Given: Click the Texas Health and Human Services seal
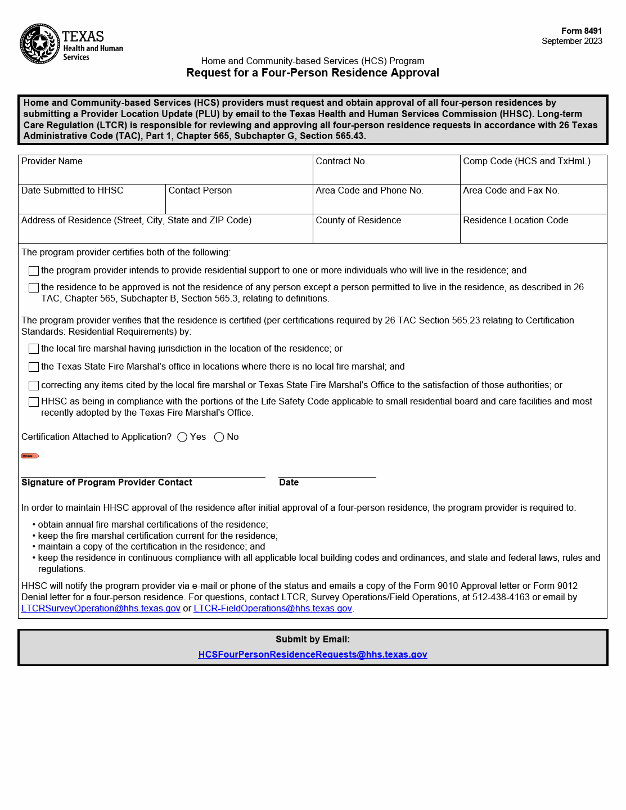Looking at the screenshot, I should click(x=40, y=43).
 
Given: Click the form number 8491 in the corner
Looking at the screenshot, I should click(x=582, y=31).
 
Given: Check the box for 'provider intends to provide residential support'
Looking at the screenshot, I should click(x=34, y=271).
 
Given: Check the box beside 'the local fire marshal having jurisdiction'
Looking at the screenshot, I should click(x=34, y=349).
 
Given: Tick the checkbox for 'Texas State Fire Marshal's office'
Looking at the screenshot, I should click(x=34, y=367).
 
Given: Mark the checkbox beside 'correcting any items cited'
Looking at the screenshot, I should click(x=34, y=385).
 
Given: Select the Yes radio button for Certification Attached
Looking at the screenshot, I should click(x=182, y=437).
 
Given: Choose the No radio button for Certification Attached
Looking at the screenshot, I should click(x=219, y=437).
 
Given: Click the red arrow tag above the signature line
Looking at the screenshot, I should click(x=30, y=456).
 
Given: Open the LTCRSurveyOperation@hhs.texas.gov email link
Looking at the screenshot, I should click(x=101, y=609).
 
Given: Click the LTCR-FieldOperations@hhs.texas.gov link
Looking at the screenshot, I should click(x=273, y=609).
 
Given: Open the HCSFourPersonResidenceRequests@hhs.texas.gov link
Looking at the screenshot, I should click(x=313, y=655).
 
